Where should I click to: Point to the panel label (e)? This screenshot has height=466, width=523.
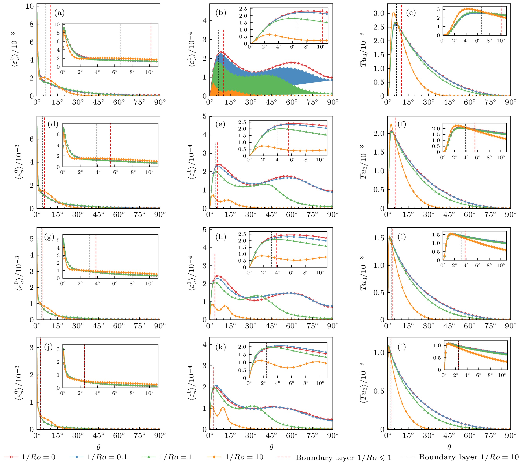[220, 124]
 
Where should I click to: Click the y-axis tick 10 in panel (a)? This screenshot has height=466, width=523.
[30, 6]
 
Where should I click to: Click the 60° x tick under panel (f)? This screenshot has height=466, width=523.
[469, 215]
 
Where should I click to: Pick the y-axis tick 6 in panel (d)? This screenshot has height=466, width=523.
[32, 139]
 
